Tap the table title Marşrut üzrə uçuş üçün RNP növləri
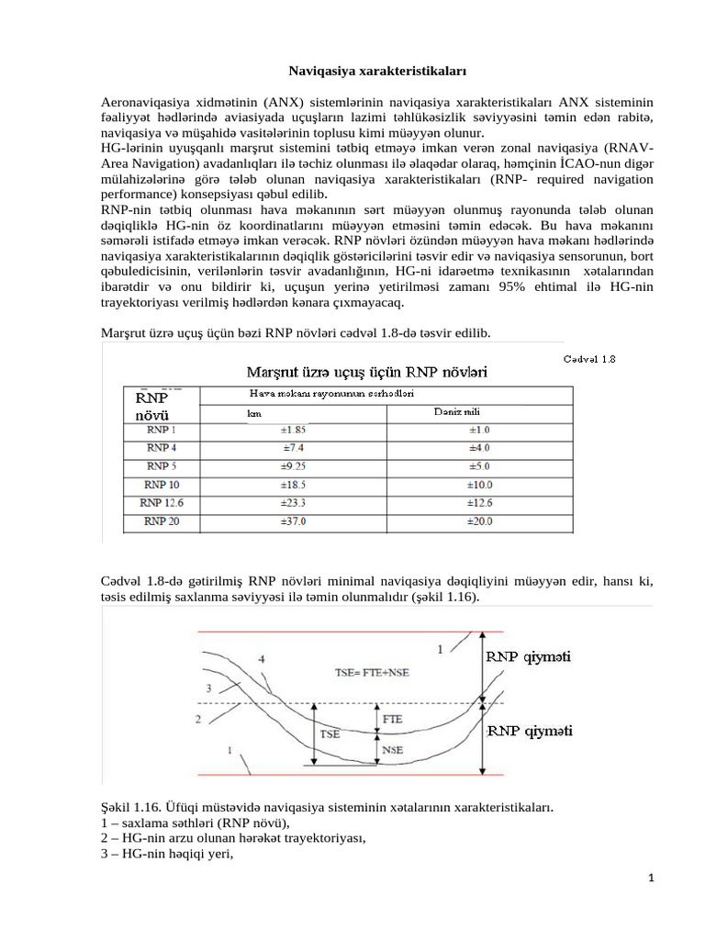(x=365, y=372)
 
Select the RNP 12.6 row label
(x=162, y=503)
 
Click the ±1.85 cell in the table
(x=294, y=430)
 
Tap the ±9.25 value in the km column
(x=294, y=466)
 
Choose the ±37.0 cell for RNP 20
(x=294, y=521)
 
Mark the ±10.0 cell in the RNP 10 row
(x=480, y=485)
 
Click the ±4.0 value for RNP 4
(x=480, y=448)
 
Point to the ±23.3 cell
(x=294, y=503)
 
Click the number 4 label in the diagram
(x=263, y=659)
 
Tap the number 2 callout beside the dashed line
(x=198, y=720)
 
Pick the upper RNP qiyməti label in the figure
(x=530, y=657)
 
